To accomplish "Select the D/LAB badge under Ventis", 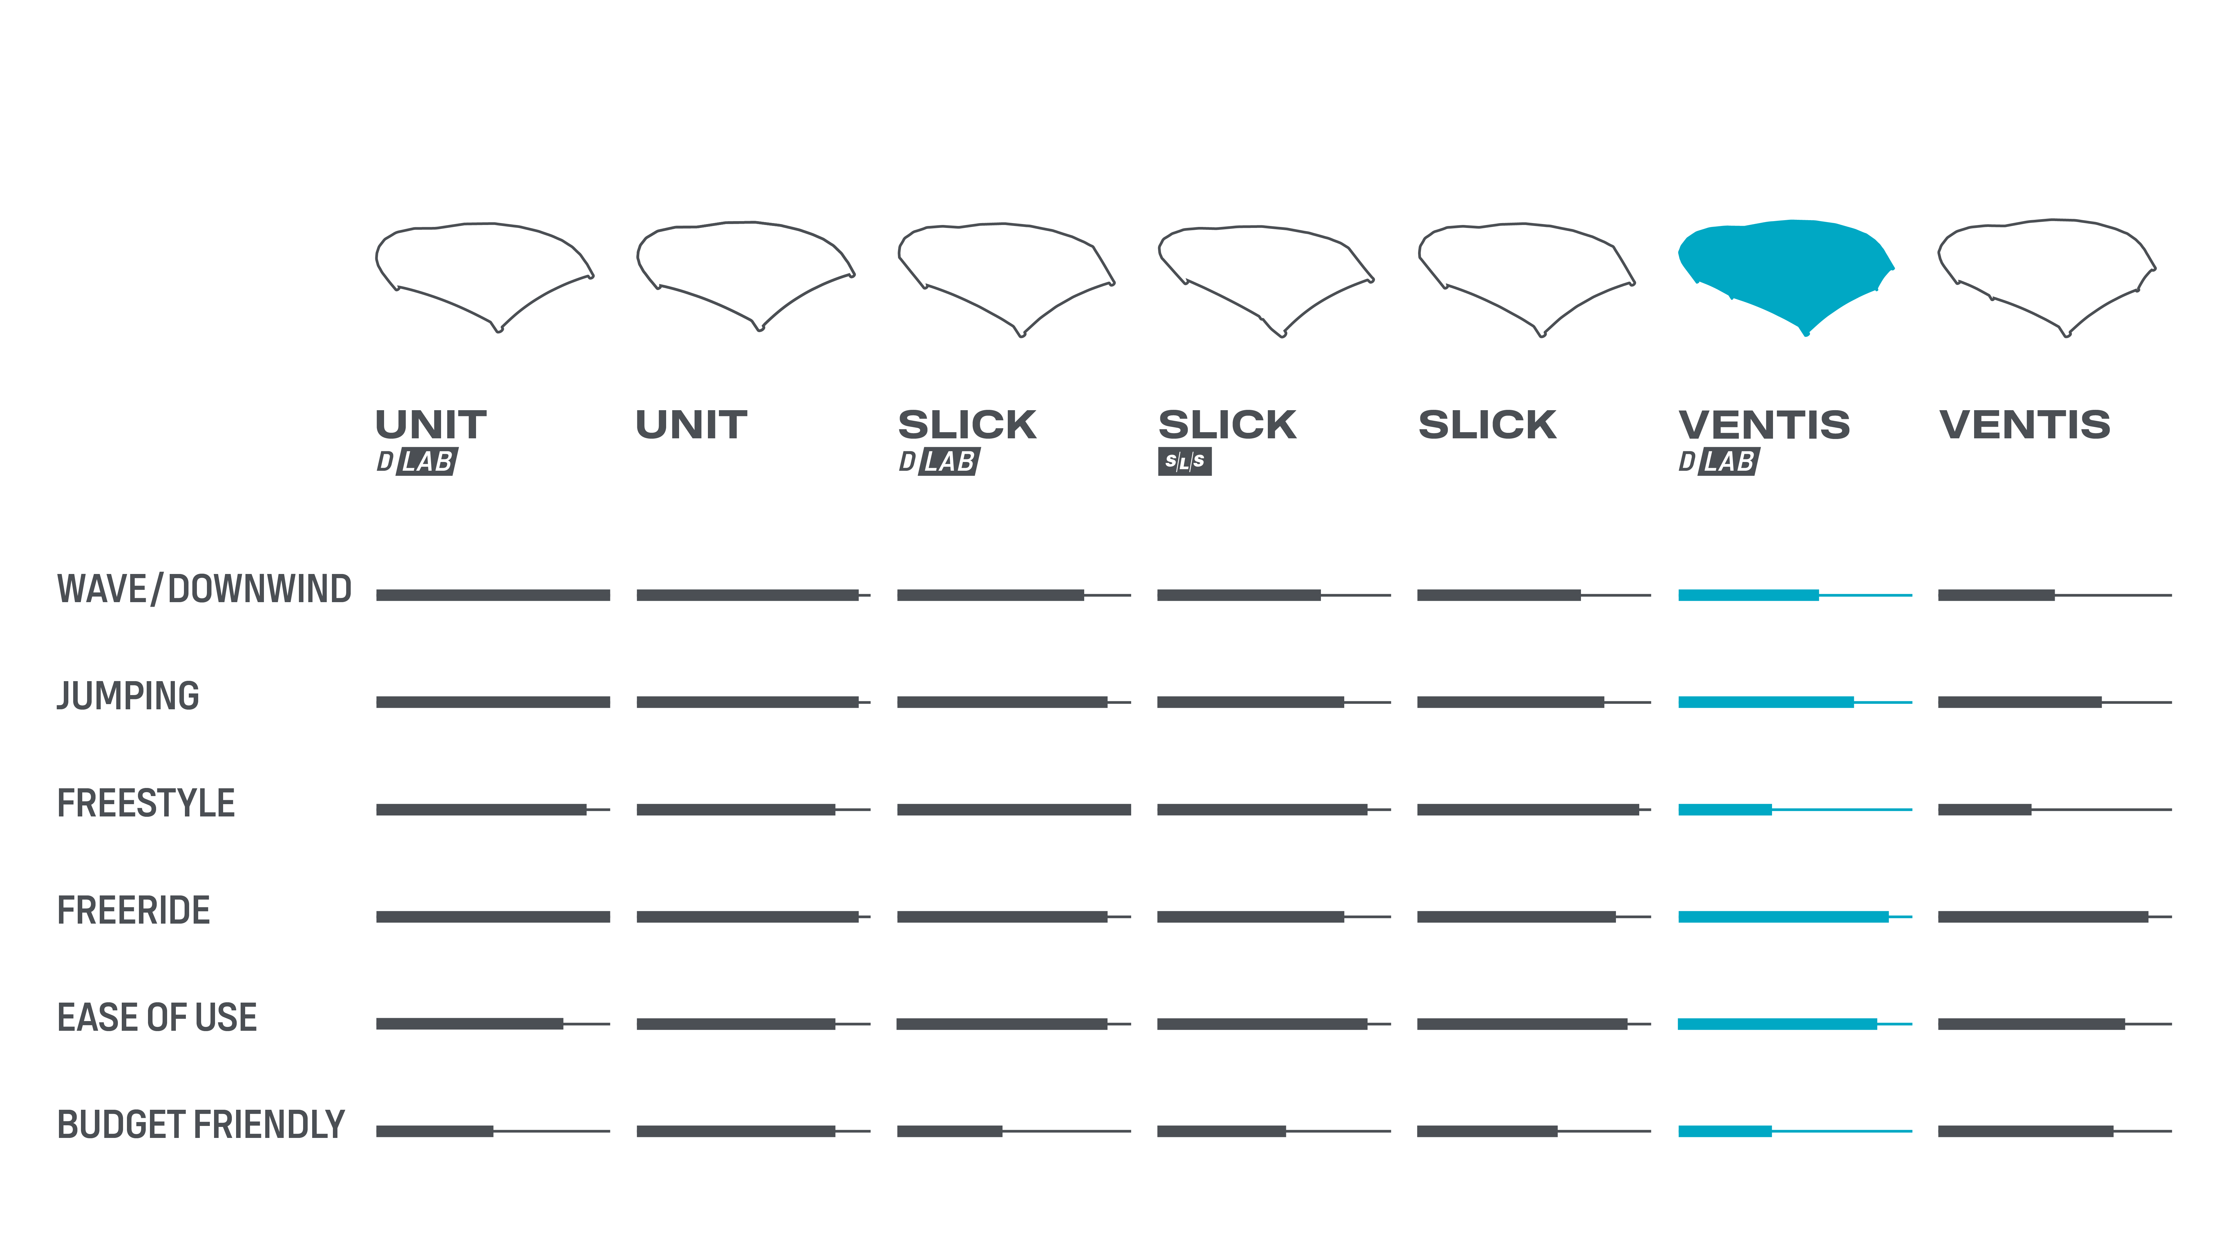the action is click(x=1718, y=461).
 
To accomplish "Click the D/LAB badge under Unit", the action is click(x=416, y=461).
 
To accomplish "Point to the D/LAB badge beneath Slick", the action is click(x=939, y=461).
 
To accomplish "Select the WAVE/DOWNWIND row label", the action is click(x=204, y=589).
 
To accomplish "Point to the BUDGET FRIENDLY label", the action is click(x=201, y=1125).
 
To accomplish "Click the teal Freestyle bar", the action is click(x=1724, y=810).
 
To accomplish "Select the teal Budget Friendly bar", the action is click(x=1724, y=1131).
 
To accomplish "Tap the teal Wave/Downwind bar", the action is click(x=1748, y=595).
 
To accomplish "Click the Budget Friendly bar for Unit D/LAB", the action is click(x=435, y=1131).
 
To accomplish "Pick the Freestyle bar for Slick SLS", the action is click(x=1262, y=810).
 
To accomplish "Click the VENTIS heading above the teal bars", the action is click(x=1765, y=425).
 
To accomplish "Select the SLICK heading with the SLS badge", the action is click(x=1227, y=425).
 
